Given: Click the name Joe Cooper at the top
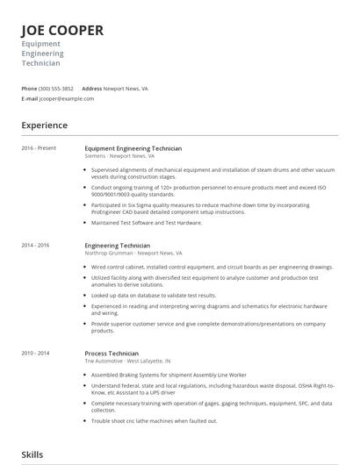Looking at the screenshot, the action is [x=62, y=31].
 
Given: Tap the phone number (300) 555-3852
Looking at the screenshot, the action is [x=56, y=89].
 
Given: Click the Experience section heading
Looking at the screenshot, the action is [x=45, y=125].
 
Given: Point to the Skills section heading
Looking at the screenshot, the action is [x=32, y=454].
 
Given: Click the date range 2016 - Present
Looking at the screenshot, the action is [x=39, y=148].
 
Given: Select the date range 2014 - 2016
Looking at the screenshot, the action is [x=36, y=246].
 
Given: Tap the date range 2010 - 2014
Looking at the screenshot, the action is [x=36, y=353].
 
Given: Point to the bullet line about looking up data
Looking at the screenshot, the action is [x=155, y=295].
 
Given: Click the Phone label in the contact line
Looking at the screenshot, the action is [x=29, y=89].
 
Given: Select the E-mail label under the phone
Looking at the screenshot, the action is [x=30, y=99].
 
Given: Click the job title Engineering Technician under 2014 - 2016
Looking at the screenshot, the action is [x=118, y=246].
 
